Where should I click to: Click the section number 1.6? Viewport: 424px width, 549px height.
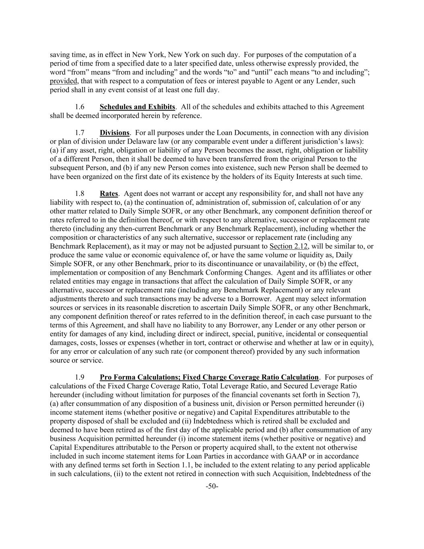click(x=80, y=107)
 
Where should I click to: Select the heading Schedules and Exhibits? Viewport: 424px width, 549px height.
click(x=137, y=107)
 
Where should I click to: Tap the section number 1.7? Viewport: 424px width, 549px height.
click(x=80, y=133)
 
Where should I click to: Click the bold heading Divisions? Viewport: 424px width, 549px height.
click(x=115, y=133)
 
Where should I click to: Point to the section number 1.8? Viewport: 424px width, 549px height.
click(x=80, y=194)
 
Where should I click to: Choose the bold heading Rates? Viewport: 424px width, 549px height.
click(x=109, y=194)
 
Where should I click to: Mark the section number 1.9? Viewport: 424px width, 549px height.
click(x=80, y=377)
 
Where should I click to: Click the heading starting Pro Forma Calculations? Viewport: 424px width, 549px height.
click(x=209, y=377)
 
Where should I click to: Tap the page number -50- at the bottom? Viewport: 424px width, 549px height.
click(x=212, y=487)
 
